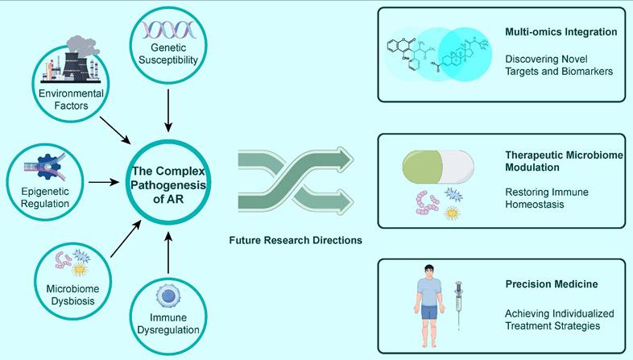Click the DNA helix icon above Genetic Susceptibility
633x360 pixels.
click(x=168, y=31)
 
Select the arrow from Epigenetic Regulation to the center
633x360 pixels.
click(x=102, y=181)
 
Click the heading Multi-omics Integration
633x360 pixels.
click(x=561, y=32)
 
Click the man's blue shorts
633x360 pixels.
click(x=428, y=312)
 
